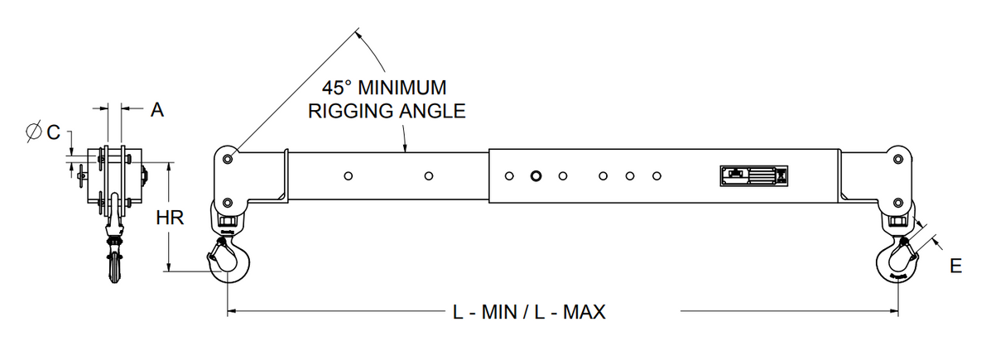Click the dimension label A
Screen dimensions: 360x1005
click(156, 108)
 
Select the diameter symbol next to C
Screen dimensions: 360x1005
click(35, 131)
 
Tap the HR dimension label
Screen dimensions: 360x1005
click(169, 218)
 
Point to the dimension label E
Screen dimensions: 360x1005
click(956, 266)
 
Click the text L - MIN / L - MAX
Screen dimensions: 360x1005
click(528, 312)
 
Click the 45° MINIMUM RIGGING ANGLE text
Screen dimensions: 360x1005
click(387, 99)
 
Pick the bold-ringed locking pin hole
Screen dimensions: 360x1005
click(536, 176)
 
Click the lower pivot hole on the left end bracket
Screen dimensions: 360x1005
click(228, 203)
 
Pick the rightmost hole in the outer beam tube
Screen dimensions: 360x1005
click(656, 176)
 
